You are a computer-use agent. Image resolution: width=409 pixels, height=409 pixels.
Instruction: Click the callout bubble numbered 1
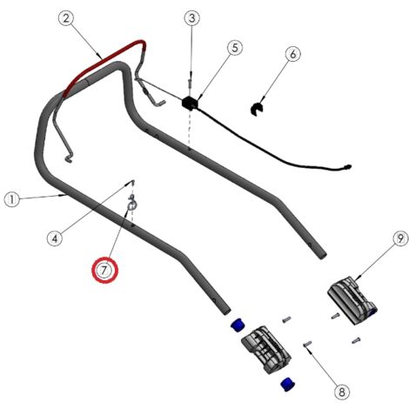click(12, 200)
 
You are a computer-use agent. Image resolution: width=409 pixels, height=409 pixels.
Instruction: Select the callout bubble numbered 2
click(66, 18)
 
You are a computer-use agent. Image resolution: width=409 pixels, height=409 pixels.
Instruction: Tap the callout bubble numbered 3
click(192, 18)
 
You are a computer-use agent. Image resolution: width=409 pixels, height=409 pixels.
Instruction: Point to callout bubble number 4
click(55, 238)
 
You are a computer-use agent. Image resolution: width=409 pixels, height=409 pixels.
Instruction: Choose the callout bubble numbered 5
click(235, 48)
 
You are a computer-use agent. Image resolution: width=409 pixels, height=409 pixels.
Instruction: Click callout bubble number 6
click(293, 54)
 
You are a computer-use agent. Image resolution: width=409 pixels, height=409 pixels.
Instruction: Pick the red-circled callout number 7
click(104, 271)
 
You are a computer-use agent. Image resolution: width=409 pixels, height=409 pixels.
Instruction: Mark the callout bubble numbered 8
click(342, 392)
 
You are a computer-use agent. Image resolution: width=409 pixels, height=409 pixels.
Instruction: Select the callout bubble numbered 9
click(400, 239)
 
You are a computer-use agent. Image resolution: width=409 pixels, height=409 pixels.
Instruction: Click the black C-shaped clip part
click(257, 109)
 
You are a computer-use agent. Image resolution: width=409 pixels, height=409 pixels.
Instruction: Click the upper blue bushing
click(238, 325)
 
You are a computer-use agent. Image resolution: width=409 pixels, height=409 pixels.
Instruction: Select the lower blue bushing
click(288, 384)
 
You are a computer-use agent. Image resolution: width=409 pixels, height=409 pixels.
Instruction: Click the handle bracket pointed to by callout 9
click(352, 300)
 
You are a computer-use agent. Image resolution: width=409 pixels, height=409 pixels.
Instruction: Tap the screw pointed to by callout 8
click(307, 344)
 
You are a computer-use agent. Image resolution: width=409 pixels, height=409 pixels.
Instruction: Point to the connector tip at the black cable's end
click(347, 167)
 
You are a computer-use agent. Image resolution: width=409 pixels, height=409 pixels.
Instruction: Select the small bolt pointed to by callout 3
click(191, 83)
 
